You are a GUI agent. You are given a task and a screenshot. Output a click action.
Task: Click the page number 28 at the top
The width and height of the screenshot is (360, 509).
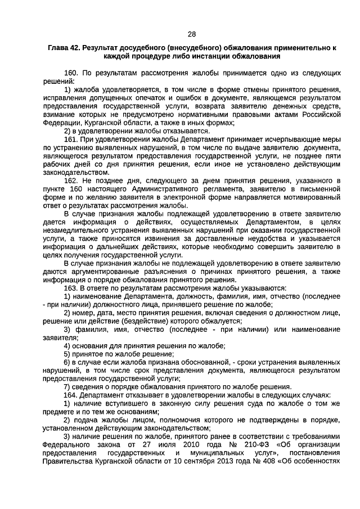[192, 33]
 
